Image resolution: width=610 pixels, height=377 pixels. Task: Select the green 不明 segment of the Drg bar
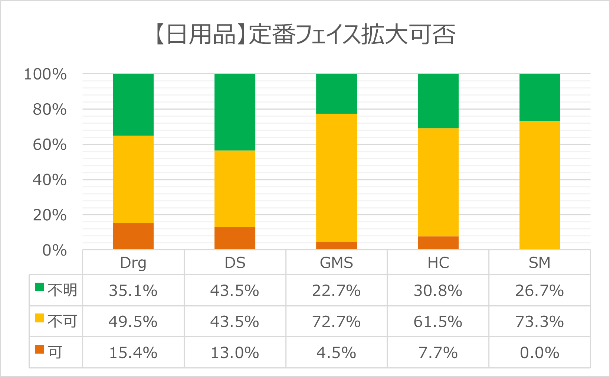coord(133,105)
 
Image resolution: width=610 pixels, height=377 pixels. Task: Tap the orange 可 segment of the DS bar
coord(235,238)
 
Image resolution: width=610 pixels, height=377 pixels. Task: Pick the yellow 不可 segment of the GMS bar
coord(337,178)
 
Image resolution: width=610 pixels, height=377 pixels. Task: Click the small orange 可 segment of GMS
coord(337,246)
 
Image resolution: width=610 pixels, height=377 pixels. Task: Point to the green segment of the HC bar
coord(438,101)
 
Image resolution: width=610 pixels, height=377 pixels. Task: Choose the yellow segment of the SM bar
coord(540,185)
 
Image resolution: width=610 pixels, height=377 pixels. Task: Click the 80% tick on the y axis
coord(50,110)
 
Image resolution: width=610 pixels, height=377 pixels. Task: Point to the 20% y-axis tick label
coord(50,215)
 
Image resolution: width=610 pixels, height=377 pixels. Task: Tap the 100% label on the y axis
coord(45,74)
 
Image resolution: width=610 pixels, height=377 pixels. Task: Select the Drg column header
coord(133,263)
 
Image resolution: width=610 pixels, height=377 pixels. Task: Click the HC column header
coord(438,263)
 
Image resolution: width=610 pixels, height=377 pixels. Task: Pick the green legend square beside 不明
coord(39,287)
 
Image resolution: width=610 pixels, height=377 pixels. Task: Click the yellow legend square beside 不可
coord(39,318)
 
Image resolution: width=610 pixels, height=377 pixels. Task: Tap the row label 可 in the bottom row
coord(55,352)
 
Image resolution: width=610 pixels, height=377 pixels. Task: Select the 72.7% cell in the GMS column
coord(337,322)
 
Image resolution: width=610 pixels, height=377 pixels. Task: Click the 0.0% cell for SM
coord(540,353)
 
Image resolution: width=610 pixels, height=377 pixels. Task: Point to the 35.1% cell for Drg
coord(133,291)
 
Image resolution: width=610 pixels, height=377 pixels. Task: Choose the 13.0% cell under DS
coord(235,353)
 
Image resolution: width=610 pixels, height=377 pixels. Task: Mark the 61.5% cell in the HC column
coord(438,322)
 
